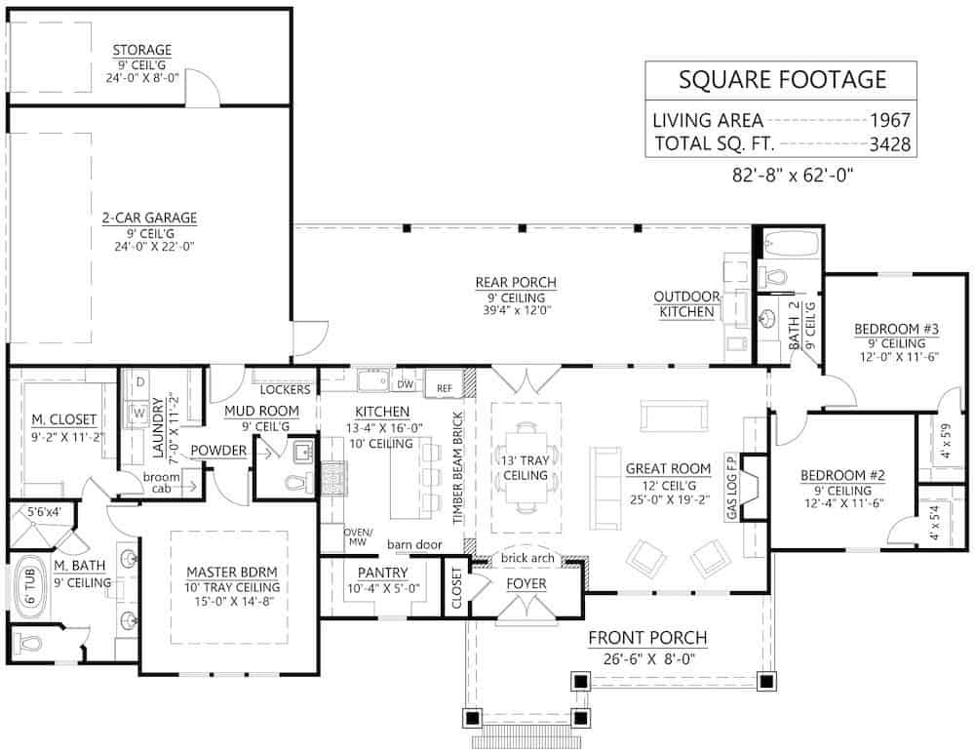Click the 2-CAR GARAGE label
point(149,218)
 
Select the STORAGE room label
point(141,50)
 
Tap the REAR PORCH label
point(516,283)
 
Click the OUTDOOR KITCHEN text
point(686,304)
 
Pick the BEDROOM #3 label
point(896,329)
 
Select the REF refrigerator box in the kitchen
point(445,387)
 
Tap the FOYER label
point(526,583)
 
